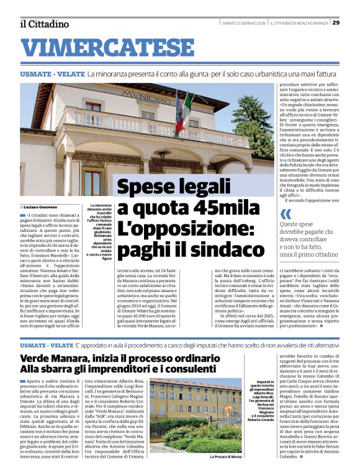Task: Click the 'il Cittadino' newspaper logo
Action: (x=43, y=24)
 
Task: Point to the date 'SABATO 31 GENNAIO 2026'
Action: (x=244, y=23)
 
